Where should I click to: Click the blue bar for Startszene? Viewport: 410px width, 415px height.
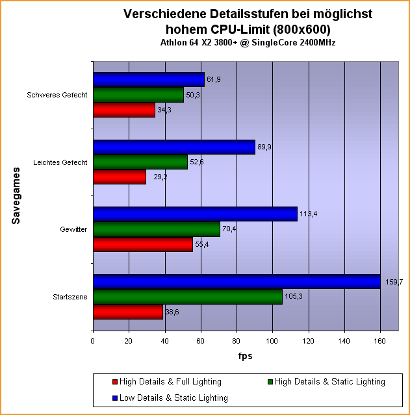click(237, 281)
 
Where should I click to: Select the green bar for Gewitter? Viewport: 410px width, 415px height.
click(157, 229)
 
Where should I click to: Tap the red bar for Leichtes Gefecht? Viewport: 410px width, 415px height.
click(120, 177)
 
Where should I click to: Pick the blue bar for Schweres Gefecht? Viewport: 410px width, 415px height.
click(149, 79)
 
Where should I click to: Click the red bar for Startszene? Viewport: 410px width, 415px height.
click(128, 312)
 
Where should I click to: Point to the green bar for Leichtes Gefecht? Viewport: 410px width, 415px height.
click(140, 162)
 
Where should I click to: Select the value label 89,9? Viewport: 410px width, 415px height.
click(266, 147)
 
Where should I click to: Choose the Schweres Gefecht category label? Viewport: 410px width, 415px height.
click(57, 95)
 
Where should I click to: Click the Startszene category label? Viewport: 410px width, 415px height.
click(70, 297)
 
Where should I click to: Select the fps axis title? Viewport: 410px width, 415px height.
click(244, 356)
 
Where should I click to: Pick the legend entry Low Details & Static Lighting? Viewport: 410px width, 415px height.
click(166, 397)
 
